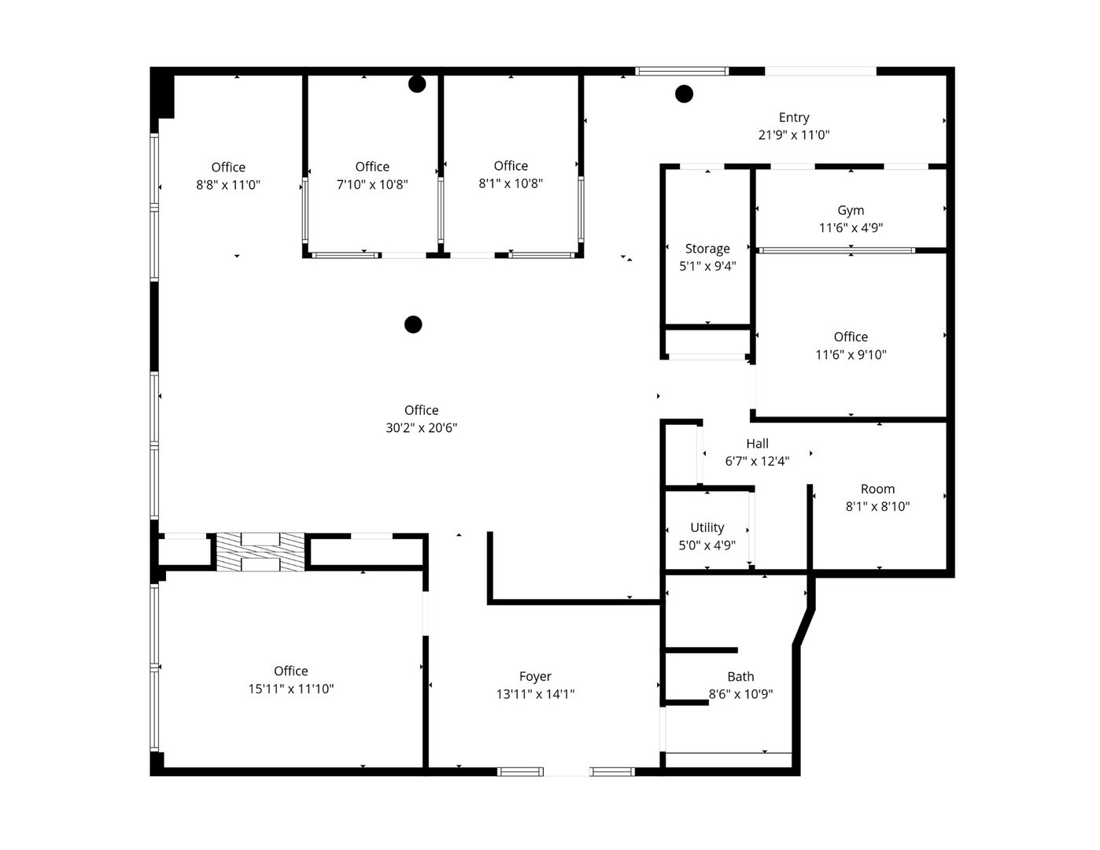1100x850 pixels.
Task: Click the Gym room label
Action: click(851, 210)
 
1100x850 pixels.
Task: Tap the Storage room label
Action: click(707, 249)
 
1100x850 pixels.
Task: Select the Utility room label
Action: click(707, 527)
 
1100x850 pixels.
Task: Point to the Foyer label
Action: click(535, 676)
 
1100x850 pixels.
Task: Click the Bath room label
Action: click(740, 677)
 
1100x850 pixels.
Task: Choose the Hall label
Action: click(757, 444)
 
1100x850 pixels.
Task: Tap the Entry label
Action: click(794, 117)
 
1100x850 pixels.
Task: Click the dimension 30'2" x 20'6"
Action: click(421, 428)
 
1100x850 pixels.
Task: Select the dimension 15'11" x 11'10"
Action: click(291, 689)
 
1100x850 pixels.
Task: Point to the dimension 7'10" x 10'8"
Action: click(372, 185)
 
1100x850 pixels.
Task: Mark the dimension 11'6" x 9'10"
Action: click(851, 355)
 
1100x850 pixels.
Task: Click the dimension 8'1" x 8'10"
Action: click(877, 507)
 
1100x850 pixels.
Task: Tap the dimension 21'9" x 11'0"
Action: click(794, 135)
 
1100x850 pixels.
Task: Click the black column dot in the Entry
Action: click(685, 94)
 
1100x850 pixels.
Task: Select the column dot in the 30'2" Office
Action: click(413, 324)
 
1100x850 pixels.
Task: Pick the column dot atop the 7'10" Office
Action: click(417, 84)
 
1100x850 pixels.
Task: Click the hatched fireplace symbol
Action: click(260, 551)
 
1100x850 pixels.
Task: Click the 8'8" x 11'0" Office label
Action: click(228, 167)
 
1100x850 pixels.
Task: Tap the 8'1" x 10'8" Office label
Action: click(511, 165)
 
